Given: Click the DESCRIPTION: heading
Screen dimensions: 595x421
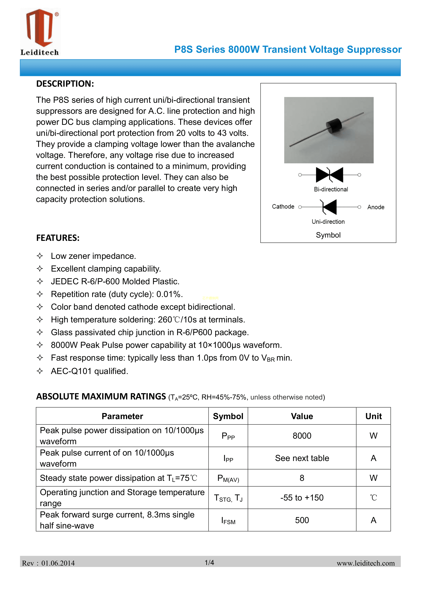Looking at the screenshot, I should pyautogui.click(x=65, y=84).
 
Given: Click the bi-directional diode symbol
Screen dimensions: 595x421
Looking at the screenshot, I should pyautogui.click(x=329, y=175).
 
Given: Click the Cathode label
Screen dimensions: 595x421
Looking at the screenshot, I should pyautogui.click(x=283, y=207).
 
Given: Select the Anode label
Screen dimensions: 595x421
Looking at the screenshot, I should pyautogui.click(x=376, y=207).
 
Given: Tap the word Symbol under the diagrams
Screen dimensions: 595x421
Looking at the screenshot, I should pyautogui.click(x=328, y=235).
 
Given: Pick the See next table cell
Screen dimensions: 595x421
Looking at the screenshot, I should pyautogui.click(x=302, y=458).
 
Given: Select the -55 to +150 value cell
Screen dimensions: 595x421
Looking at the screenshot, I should pyautogui.click(x=302, y=498).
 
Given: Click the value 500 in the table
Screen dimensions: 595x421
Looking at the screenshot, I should pyautogui.click(x=302, y=520).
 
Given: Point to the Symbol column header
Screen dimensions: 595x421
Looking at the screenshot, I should pyautogui.click(x=228, y=416).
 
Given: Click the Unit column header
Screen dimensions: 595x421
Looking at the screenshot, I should pyautogui.click(x=373, y=416).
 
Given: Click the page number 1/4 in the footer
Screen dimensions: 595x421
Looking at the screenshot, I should pyautogui.click(x=209, y=562).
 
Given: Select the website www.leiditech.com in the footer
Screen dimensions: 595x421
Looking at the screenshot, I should pyautogui.click(x=366, y=563).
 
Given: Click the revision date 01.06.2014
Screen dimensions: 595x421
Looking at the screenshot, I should pyautogui.click(x=58, y=563).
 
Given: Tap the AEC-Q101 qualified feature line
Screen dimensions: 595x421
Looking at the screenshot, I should pyautogui.click(x=89, y=371).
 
